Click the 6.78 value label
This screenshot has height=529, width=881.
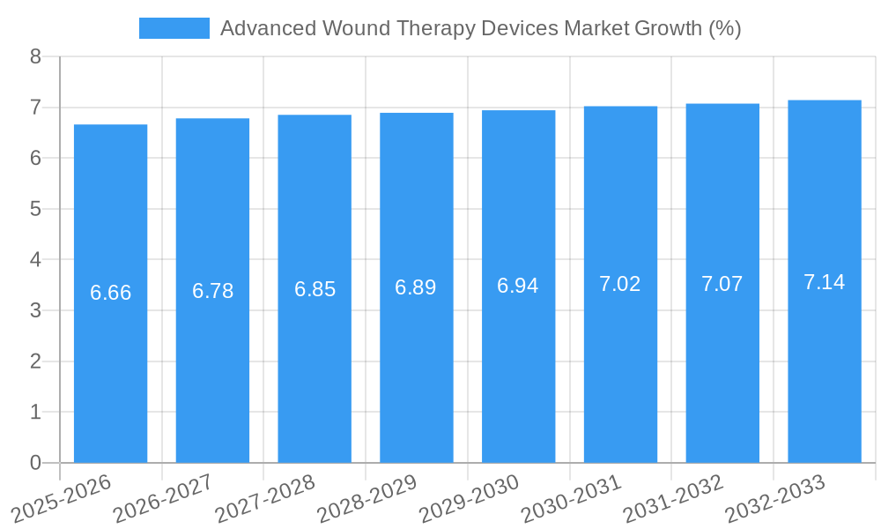click(x=213, y=291)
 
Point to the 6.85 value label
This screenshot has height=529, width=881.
click(x=315, y=289)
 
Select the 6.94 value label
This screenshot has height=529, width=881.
click(x=518, y=286)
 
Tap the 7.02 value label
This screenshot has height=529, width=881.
click(x=620, y=284)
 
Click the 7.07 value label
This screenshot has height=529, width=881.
click(x=722, y=284)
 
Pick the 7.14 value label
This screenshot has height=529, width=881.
click(x=825, y=282)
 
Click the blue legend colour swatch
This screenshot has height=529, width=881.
click(x=174, y=28)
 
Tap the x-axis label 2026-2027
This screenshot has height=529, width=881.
click(x=162, y=497)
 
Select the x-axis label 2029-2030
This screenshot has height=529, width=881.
click(x=468, y=497)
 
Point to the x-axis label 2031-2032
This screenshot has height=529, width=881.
click(x=672, y=497)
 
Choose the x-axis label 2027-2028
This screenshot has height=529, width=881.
click(x=264, y=497)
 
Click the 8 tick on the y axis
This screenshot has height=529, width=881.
click(x=35, y=56)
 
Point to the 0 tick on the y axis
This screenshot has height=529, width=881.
click(x=35, y=463)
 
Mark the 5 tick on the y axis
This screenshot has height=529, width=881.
click(x=35, y=209)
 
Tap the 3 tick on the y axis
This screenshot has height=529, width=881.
click(x=35, y=310)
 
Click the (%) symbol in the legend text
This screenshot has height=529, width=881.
click(x=724, y=28)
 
